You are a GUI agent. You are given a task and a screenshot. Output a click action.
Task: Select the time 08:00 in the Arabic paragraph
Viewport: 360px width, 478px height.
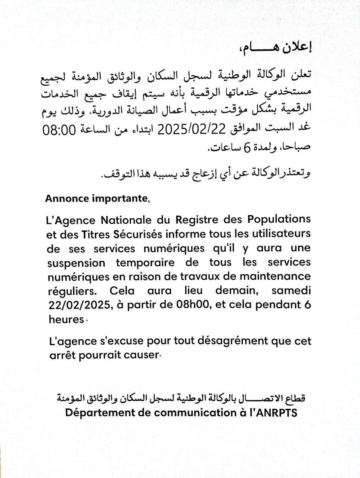(x=61, y=130)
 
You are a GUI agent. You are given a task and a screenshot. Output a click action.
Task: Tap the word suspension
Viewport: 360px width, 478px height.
(x=77, y=263)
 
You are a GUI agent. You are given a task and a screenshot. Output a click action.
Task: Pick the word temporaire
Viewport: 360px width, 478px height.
(x=145, y=263)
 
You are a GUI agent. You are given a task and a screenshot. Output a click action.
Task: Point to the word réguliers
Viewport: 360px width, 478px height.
(x=74, y=291)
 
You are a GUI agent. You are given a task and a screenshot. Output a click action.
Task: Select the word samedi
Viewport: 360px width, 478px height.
(x=291, y=291)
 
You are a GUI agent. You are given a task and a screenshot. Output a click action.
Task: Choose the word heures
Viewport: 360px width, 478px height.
(x=66, y=320)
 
